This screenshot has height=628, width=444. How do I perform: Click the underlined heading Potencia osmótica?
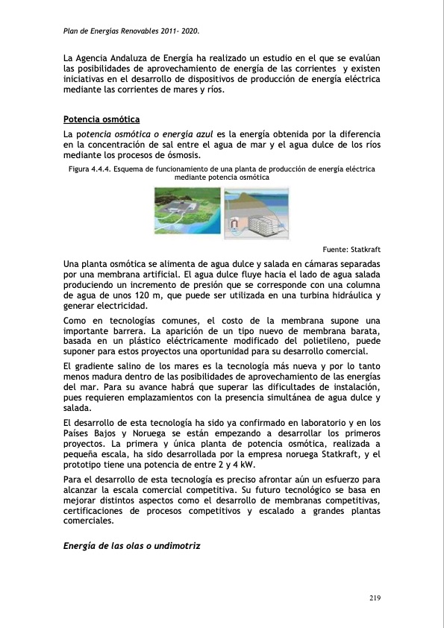(101, 119)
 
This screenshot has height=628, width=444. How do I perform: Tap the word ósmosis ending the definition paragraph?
(182, 155)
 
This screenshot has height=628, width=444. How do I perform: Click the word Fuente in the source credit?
(337, 249)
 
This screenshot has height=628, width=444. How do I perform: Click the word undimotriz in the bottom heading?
(170, 547)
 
